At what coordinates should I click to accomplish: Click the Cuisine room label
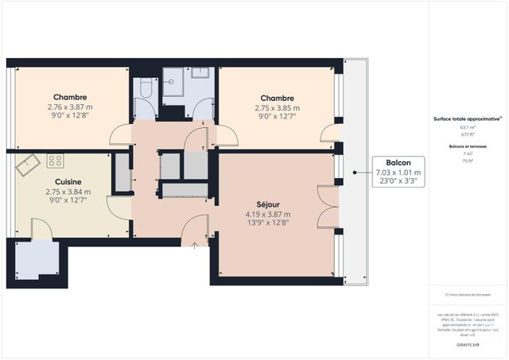[68, 181]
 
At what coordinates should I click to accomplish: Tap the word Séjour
[268, 203]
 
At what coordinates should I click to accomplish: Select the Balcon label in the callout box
[398, 161]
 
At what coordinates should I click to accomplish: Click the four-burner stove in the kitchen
[55, 161]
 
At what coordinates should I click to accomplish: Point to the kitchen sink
[28, 165]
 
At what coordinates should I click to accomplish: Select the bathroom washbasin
[200, 73]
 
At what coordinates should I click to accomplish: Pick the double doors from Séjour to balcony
[328, 207]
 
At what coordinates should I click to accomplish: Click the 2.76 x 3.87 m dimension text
[70, 107]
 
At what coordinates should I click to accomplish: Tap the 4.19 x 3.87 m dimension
[268, 214]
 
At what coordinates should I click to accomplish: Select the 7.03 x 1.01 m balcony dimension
[398, 172]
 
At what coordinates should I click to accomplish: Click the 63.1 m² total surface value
[468, 127]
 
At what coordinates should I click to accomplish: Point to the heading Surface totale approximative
[467, 118]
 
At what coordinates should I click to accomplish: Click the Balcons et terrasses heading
[468, 146]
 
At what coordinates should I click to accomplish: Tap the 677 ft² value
[468, 135]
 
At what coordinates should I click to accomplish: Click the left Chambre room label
[70, 98]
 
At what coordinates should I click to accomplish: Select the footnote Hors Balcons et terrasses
[468, 295]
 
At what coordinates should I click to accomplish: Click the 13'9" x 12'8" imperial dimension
[268, 223]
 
